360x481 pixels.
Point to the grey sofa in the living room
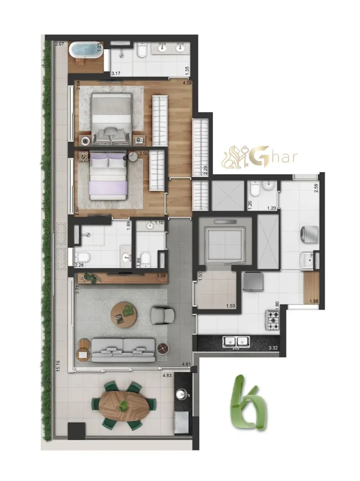coord(123,350)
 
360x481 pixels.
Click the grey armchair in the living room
coord(162,314)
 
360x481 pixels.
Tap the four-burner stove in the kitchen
coord(273,320)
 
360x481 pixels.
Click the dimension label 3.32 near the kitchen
coord(273,348)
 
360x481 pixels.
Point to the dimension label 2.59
coord(316,190)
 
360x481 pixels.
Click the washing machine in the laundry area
coord(309,233)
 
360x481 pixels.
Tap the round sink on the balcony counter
coord(180,394)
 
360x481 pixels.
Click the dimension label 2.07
coord(59,45)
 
